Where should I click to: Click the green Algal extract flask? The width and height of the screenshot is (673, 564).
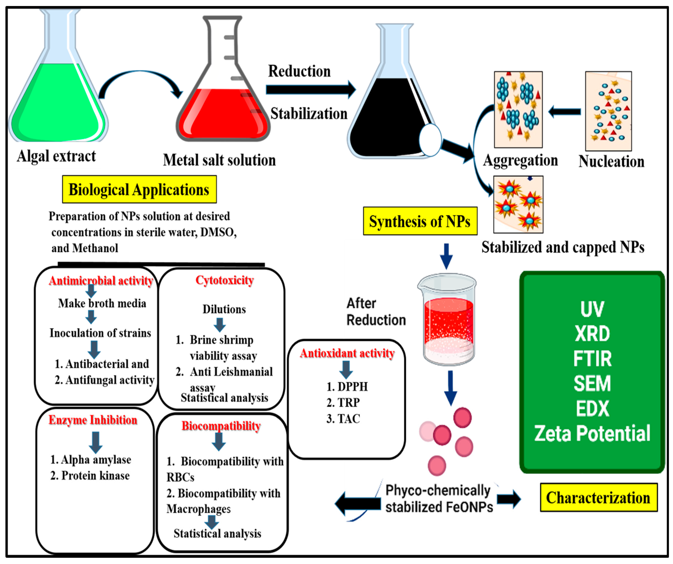58,96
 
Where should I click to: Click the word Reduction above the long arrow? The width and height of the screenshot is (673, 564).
299,71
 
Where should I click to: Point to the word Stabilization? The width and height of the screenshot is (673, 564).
309,114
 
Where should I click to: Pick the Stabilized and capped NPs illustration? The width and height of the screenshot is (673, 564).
518,204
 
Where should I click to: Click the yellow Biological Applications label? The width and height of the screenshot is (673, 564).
139,189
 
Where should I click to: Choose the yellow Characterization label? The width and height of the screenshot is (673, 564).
598,498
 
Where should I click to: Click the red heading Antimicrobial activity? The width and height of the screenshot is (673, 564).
101,281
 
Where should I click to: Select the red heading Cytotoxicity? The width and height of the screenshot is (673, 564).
224,280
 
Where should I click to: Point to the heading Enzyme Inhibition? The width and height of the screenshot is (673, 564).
93,420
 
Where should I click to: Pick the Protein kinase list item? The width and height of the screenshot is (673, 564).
90,475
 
